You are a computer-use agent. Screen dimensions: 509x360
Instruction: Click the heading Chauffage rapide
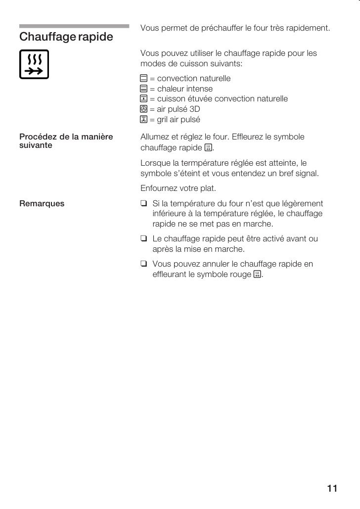tap(66, 37)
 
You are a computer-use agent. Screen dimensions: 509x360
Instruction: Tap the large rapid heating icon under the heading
tap(34, 64)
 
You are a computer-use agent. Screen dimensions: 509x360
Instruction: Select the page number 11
tap(332, 489)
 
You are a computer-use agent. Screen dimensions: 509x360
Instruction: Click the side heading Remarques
tap(42, 203)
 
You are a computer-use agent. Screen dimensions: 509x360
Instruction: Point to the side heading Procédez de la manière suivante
tap(66, 141)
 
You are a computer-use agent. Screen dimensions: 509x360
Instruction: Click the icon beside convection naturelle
tap(144, 79)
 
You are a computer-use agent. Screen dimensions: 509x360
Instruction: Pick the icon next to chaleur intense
tap(144, 89)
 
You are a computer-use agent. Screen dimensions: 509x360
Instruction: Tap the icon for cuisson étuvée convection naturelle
tap(144, 99)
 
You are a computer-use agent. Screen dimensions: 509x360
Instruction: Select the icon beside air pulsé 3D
tap(144, 109)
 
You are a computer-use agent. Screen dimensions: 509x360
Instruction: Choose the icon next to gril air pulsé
tap(144, 120)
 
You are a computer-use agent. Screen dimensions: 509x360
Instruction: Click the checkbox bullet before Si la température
tap(144, 203)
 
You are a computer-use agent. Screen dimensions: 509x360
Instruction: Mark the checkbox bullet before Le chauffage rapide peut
tap(144, 239)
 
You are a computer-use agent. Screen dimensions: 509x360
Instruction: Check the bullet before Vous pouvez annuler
tap(144, 264)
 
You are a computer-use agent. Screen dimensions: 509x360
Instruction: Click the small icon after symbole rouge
tap(257, 275)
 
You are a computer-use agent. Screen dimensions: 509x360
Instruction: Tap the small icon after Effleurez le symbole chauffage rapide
tap(208, 148)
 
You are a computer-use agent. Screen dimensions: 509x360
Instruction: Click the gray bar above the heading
tap(74, 26)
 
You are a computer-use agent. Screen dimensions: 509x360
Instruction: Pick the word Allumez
tap(155, 137)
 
